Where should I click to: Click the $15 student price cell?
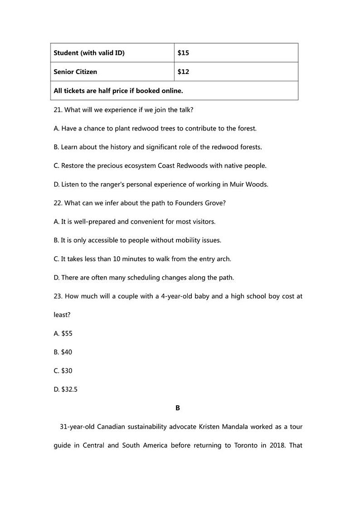coord(183,53)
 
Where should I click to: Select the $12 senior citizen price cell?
coord(183,72)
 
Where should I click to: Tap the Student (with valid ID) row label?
coord(89,53)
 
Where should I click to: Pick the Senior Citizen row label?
coord(75,72)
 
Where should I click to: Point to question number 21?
coord(58,110)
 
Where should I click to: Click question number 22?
coord(58,203)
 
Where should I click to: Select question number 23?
coord(58,296)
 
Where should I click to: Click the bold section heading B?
coord(178,408)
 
